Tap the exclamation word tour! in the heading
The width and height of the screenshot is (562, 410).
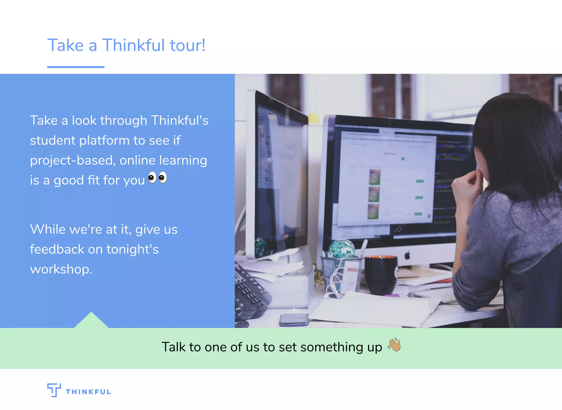tap(187, 45)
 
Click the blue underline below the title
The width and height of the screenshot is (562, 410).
tap(76, 67)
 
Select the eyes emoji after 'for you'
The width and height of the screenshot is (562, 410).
tap(158, 178)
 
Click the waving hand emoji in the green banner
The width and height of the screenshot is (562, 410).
tap(394, 345)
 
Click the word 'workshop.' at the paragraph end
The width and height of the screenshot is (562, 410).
tap(61, 269)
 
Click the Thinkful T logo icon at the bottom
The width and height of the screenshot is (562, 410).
tap(54, 390)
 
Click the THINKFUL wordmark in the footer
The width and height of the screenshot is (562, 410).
tap(88, 392)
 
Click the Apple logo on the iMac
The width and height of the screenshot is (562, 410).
tap(408, 256)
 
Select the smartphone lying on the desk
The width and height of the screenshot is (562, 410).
tap(294, 320)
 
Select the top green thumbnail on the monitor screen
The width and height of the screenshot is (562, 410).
tap(375, 177)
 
